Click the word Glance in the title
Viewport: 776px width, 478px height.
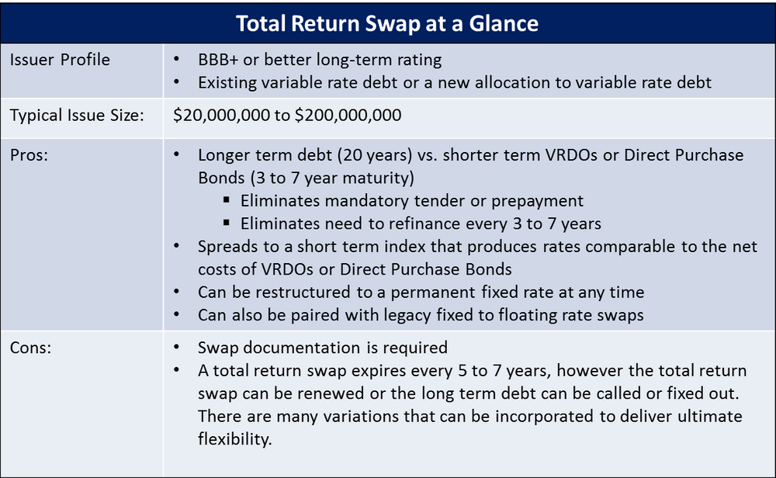coord(504,23)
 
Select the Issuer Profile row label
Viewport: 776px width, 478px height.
coord(60,60)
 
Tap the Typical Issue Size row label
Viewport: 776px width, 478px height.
coord(77,116)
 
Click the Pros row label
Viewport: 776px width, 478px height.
coord(29,155)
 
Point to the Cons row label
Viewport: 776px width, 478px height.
coord(31,348)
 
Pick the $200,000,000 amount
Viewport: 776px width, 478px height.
coord(348,116)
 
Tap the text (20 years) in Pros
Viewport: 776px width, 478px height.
coord(375,155)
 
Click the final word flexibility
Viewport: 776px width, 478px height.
coord(234,439)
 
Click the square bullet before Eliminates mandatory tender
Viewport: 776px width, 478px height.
coord(226,200)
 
